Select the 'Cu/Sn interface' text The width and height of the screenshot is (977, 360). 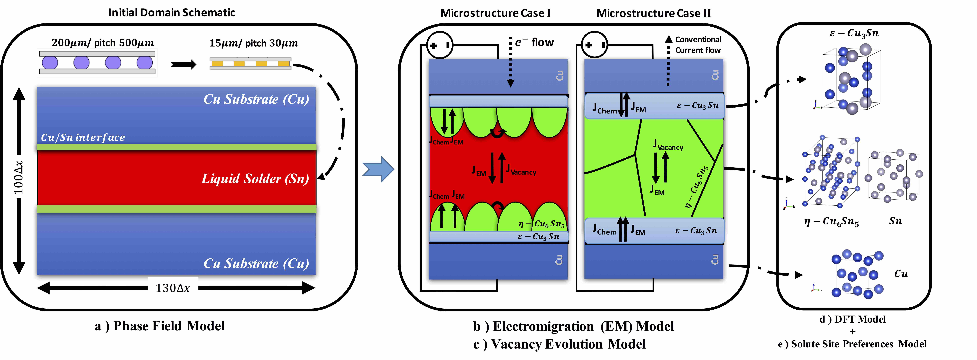pos(83,137)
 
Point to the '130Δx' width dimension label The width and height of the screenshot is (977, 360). pos(173,288)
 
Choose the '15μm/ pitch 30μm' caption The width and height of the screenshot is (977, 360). pos(253,43)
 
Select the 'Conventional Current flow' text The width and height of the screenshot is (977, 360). pos(698,45)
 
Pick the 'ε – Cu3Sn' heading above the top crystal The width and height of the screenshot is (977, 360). pos(853,33)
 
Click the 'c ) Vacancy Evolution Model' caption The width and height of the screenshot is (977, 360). pos(559,344)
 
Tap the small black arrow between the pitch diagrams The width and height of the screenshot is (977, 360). pos(184,64)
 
